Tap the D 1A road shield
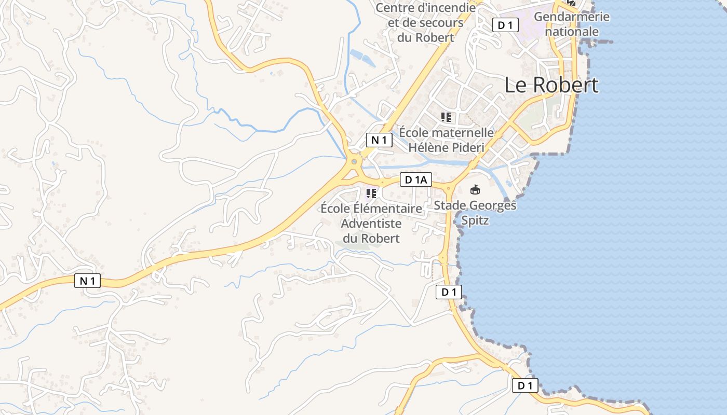pyautogui.click(x=416, y=180)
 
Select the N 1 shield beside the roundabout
pyautogui.click(x=379, y=140)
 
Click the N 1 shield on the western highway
pyautogui.click(x=87, y=281)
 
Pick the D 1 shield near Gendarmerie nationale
pyautogui.click(x=505, y=25)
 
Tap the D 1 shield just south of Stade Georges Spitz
pyautogui.click(x=448, y=292)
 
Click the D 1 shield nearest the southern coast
pyautogui.click(x=525, y=385)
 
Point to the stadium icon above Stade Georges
pyautogui.click(x=475, y=190)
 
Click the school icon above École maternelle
pyautogui.click(x=446, y=117)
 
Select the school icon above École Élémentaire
pyautogui.click(x=371, y=193)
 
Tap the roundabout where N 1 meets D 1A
pyautogui.click(x=354, y=162)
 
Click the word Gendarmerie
pyautogui.click(x=571, y=17)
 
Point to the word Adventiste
pyautogui.click(x=371, y=224)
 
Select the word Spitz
pyautogui.click(x=475, y=221)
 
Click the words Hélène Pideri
pyautogui.click(x=446, y=148)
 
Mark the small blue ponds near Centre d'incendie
pyautogui.click(x=362, y=57)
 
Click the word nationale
pyautogui.click(x=572, y=32)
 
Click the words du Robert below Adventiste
pyautogui.click(x=371, y=239)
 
